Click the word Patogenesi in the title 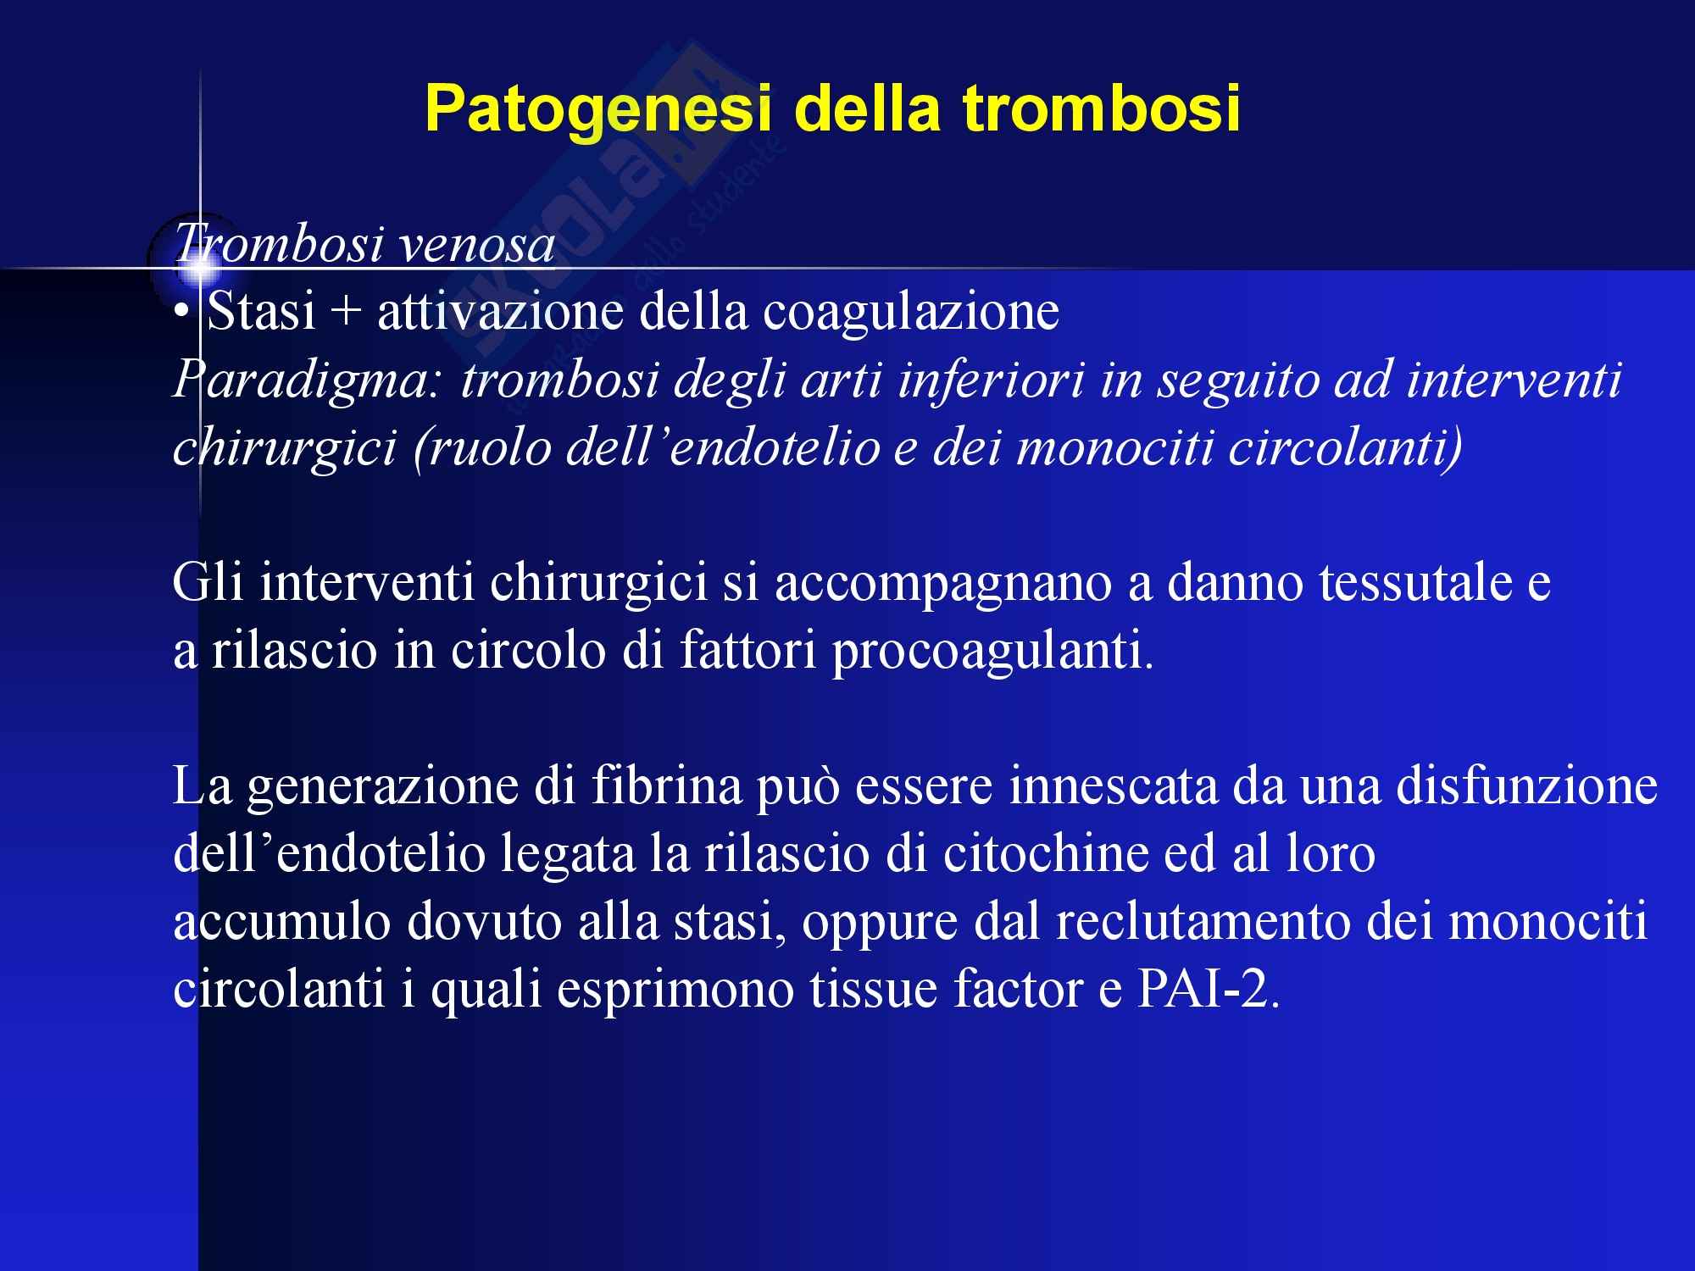(x=597, y=110)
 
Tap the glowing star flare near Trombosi (x=201, y=269)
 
